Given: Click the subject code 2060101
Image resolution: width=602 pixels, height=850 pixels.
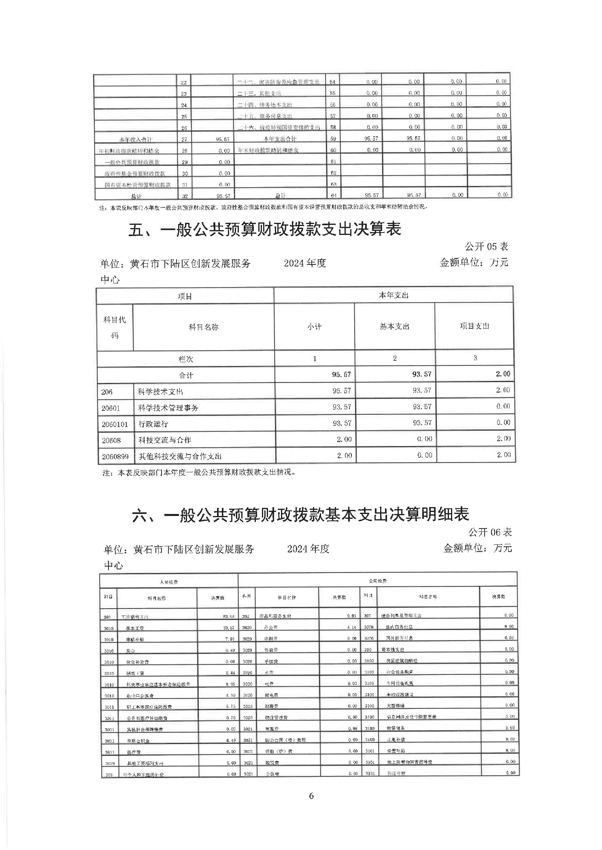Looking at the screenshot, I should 115,424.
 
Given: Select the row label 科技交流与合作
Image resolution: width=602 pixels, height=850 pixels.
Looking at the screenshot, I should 164,440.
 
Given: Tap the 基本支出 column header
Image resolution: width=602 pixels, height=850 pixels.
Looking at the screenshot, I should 394,326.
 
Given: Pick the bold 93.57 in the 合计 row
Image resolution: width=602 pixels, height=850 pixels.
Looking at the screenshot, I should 421,374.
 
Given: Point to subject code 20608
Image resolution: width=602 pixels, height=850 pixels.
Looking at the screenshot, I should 111,440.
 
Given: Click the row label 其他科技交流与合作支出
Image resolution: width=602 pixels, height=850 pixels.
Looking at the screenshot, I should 180,456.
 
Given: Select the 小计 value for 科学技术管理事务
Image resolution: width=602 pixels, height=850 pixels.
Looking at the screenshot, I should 342,407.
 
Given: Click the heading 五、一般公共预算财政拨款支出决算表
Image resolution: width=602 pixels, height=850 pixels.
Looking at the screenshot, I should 265,229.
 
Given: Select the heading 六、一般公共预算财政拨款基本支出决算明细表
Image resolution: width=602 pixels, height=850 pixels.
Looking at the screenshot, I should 300,514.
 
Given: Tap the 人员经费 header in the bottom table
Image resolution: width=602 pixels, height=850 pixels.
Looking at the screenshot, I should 169,582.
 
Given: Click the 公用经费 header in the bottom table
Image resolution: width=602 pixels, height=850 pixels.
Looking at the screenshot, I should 377,581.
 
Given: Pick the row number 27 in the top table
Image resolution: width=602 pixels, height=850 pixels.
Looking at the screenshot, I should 184,140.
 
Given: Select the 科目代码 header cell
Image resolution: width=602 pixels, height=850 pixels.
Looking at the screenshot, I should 115,327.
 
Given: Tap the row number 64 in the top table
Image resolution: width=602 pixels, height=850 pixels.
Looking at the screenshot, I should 333,196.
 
